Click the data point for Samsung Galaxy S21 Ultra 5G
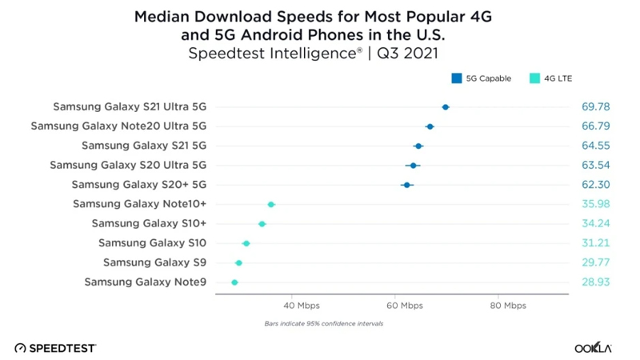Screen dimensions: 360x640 [446, 106]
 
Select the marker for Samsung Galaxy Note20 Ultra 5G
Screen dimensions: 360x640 [430, 126]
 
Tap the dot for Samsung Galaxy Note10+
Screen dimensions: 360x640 [271, 205]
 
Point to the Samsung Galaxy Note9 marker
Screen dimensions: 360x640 [234, 282]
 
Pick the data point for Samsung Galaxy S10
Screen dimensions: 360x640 [246, 243]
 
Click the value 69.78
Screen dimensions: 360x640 [595, 106]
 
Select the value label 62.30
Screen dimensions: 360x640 [595, 185]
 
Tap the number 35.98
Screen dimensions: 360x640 [595, 205]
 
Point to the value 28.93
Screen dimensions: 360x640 [595, 282]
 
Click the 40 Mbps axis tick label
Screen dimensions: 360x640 [300, 306]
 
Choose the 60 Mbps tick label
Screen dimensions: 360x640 [405, 306]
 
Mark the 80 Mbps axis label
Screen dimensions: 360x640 [509, 306]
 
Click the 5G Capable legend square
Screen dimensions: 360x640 [457, 78]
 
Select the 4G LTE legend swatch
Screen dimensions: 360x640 [534, 78]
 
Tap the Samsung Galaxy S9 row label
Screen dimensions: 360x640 [154, 262]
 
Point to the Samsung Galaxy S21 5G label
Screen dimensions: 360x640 [144, 146]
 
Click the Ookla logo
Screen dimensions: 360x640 [593, 348]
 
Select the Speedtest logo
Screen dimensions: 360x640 [55, 348]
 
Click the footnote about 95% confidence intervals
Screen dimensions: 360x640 [323, 324]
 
